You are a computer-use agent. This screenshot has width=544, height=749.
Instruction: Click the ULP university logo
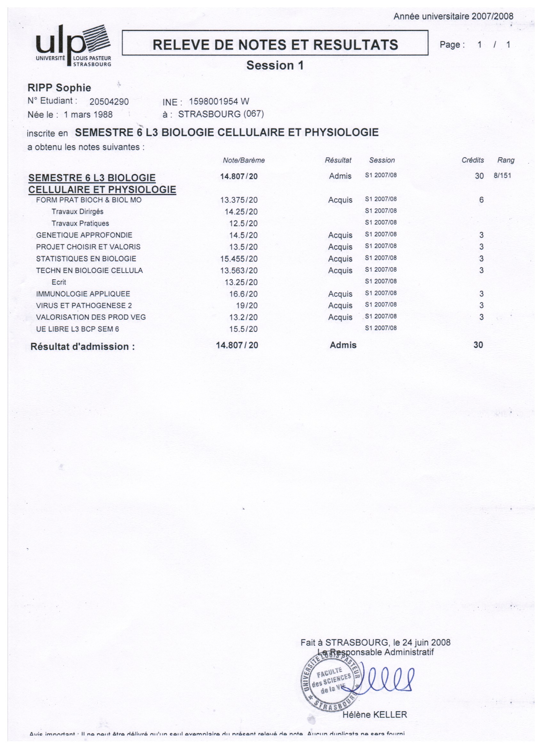[73, 45]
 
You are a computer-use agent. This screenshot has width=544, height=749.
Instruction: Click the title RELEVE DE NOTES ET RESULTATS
[275, 45]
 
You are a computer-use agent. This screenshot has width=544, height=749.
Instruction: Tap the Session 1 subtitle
[275, 65]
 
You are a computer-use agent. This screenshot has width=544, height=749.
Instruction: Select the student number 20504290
[109, 102]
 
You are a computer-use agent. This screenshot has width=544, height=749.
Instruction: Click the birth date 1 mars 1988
[88, 115]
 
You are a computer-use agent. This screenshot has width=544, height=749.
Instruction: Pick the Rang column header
[505, 160]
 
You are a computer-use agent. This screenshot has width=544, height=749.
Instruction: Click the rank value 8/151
[502, 176]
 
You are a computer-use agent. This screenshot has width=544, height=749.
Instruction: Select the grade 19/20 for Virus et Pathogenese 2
[246, 306]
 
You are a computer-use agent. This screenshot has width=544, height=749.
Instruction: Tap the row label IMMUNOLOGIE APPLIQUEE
[83, 294]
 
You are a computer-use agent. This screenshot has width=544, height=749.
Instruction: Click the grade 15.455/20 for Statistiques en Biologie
[239, 259]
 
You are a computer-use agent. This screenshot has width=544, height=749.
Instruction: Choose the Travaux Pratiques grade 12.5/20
[243, 224]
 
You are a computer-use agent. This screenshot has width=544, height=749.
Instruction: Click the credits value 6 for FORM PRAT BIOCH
[481, 200]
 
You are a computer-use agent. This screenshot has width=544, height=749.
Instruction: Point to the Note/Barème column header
[244, 160]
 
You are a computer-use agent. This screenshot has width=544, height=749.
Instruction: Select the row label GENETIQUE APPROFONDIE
[84, 235]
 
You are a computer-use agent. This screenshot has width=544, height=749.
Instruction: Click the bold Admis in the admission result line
[343, 345]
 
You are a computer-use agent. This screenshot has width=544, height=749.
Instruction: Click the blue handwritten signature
[386, 680]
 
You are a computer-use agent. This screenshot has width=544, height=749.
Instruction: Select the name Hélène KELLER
[374, 715]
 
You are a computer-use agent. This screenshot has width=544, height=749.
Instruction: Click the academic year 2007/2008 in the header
[492, 16]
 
